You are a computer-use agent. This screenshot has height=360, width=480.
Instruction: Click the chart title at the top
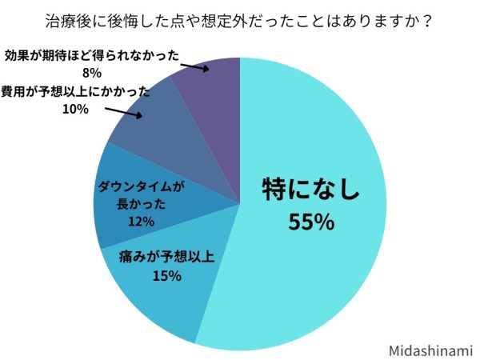pos(240,20)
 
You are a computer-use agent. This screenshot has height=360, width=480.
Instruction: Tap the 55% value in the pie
pos(310,222)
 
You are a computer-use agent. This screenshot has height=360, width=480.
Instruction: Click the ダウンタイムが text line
pos(141,187)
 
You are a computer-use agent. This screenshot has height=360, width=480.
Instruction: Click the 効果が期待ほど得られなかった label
pos(90,57)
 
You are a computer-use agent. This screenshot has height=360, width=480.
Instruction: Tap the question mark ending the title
pos(429,20)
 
